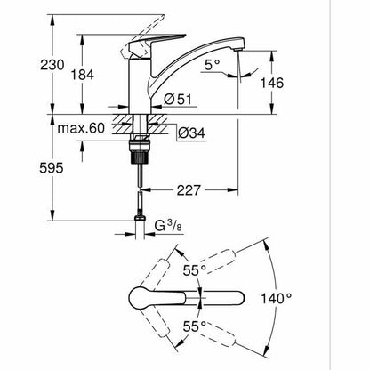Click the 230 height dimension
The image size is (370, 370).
[x=52, y=65]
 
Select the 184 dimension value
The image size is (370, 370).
[x=82, y=75]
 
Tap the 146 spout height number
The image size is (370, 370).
[x=272, y=83]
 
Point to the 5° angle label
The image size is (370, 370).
[x=213, y=65]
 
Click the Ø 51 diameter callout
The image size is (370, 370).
[x=178, y=100]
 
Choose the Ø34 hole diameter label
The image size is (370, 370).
[x=191, y=133]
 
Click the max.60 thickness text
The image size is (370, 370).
[x=81, y=128]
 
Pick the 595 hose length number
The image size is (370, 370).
[x=52, y=168]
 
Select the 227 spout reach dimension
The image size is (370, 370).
[x=189, y=190]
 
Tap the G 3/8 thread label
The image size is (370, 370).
[x=168, y=227]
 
